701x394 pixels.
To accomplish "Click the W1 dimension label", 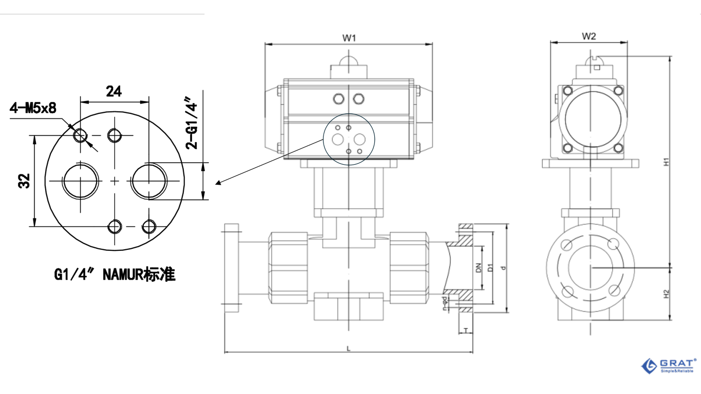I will pos(349,37).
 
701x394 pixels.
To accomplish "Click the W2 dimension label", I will pos(589,36).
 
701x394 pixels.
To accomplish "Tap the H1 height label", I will pos(666,162).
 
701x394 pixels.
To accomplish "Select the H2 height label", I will pos(666,294).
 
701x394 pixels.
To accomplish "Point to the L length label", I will pos(348,349).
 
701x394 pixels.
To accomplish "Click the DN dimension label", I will pos(478,268).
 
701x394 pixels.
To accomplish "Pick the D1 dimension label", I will pos(490,268).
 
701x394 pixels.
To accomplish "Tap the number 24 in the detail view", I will pos(113,91).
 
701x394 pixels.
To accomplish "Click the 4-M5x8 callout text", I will pos(33,108).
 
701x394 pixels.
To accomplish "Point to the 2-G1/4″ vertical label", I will pos(192,126).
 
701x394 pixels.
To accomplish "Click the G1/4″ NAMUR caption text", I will pos(115,275).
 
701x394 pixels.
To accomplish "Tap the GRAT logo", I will pos(668,365).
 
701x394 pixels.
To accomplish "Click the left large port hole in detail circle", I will pos(81,181).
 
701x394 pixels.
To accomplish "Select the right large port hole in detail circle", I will pos(149,181).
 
